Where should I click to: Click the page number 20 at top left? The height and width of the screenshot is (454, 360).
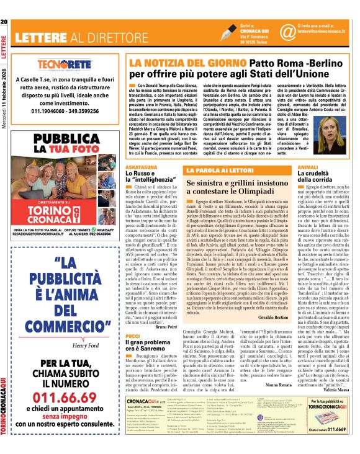[4, 5]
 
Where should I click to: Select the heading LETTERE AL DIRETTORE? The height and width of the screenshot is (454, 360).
[76, 37]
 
